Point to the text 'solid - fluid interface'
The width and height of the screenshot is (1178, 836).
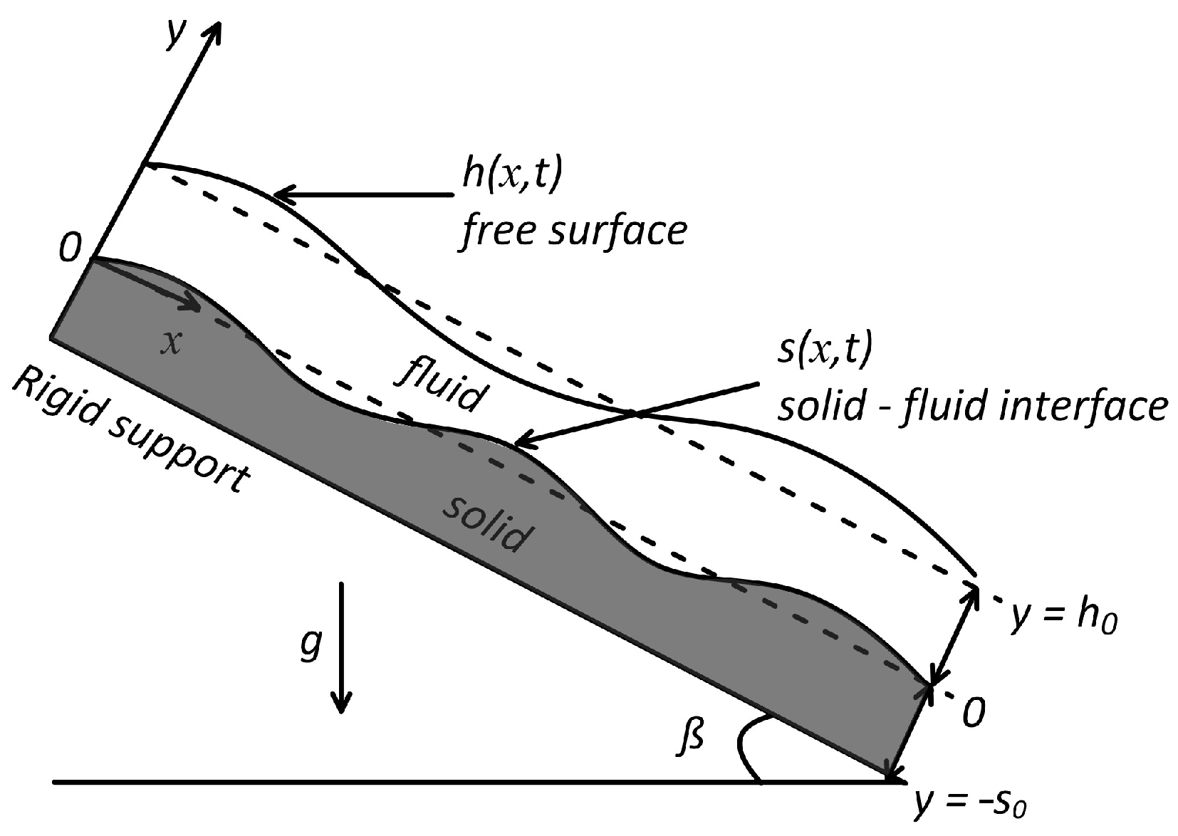[x=973, y=406]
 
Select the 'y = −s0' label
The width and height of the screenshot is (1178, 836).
[x=972, y=805]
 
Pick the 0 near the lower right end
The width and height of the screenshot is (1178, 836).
[x=973, y=712]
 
